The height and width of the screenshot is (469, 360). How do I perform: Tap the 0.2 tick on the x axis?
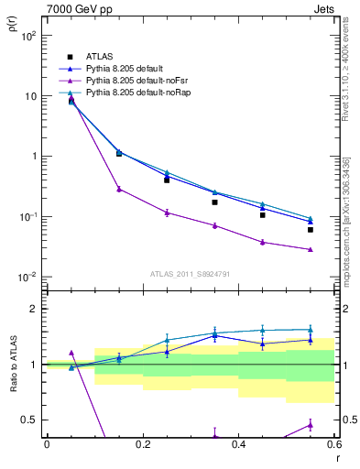[143, 444]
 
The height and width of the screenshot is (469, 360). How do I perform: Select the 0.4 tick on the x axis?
[238, 444]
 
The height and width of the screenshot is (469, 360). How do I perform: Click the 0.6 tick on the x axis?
[333, 444]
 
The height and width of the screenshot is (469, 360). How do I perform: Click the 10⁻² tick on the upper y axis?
[27, 277]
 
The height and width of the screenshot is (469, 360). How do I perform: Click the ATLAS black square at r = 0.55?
[311, 230]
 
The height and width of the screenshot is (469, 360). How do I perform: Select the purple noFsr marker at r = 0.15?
[119, 189]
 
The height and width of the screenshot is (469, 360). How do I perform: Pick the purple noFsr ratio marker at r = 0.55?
[311, 425]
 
